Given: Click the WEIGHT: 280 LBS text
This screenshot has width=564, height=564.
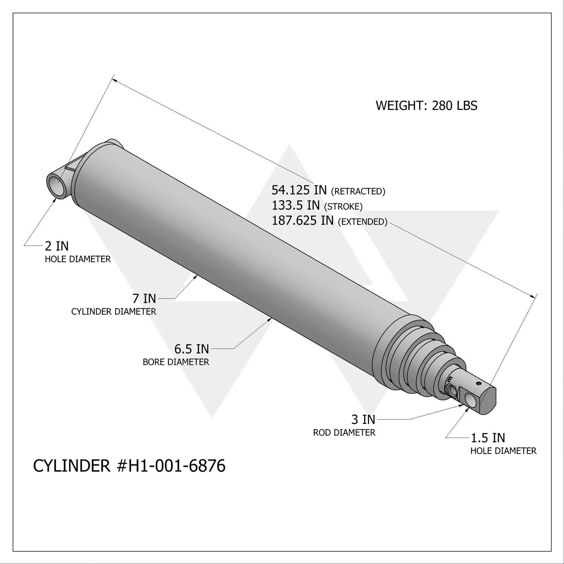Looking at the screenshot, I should (x=426, y=106).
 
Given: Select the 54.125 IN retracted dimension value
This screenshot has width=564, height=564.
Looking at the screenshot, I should (x=299, y=190).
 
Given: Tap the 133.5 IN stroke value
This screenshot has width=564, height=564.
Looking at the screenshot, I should (x=296, y=206).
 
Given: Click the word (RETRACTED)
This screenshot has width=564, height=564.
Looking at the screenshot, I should (x=358, y=191).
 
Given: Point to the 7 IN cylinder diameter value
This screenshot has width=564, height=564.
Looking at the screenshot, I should (x=144, y=299).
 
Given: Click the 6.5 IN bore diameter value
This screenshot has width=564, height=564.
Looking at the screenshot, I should (x=191, y=349).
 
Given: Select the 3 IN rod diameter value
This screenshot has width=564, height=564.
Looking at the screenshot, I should (x=363, y=420).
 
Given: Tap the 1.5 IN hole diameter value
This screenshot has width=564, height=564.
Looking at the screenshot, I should (x=488, y=438).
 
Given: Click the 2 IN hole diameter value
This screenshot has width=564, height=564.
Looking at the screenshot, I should (x=57, y=246).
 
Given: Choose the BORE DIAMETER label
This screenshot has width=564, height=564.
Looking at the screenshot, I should (x=176, y=362).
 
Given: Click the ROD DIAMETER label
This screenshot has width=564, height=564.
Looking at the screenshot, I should (x=344, y=433).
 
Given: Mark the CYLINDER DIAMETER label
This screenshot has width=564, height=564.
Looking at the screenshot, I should (x=114, y=312).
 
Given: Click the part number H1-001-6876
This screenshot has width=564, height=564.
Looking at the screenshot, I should (x=177, y=466).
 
